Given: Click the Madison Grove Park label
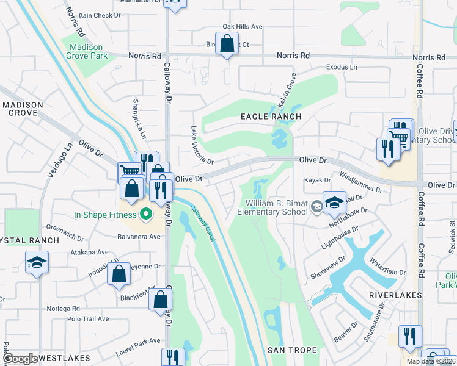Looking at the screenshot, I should [x=89, y=51].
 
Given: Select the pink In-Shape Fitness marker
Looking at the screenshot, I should [x=145, y=214].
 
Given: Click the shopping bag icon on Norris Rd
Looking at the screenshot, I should [x=227, y=45].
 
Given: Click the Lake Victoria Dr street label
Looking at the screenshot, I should [x=201, y=146].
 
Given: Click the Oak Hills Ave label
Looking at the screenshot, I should [x=242, y=27].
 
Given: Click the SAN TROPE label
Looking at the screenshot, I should [x=292, y=350].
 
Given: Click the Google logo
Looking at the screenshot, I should [x=20, y=359].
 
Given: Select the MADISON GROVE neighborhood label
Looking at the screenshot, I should [x=23, y=109].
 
